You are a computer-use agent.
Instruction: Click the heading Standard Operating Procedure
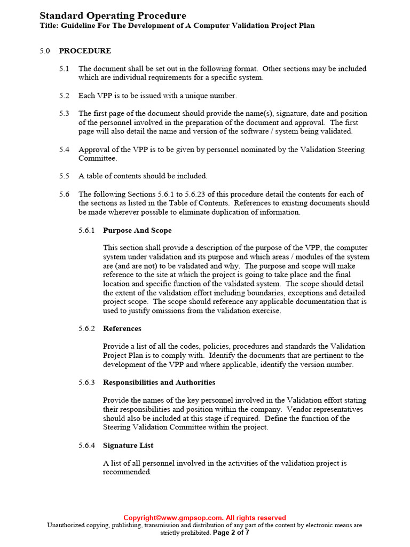click(113, 15)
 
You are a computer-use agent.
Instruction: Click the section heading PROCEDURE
click(85, 51)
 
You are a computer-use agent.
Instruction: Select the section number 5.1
click(64, 69)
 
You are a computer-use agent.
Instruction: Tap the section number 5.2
click(64, 96)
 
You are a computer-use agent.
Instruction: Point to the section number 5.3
click(64, 113)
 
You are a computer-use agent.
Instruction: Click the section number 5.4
click(64, 150)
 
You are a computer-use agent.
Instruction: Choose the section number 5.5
click(64, 176)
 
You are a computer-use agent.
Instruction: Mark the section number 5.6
click(64, 194)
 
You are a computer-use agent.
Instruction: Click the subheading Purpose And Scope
click(137, 230)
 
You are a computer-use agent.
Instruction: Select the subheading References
click(122, 329)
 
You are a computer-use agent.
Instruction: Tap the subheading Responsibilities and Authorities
click(159, 382)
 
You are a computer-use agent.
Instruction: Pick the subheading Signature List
click(128, 446)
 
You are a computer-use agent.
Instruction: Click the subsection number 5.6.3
click(86, 382)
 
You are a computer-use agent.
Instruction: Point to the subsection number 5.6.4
click(86, 446)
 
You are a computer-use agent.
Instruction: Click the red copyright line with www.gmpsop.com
click(204, 518)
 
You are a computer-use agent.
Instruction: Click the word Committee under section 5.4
click(97, 159)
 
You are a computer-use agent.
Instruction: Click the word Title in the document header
click(49, 26)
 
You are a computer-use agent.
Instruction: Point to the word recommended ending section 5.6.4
click(127, 472)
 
